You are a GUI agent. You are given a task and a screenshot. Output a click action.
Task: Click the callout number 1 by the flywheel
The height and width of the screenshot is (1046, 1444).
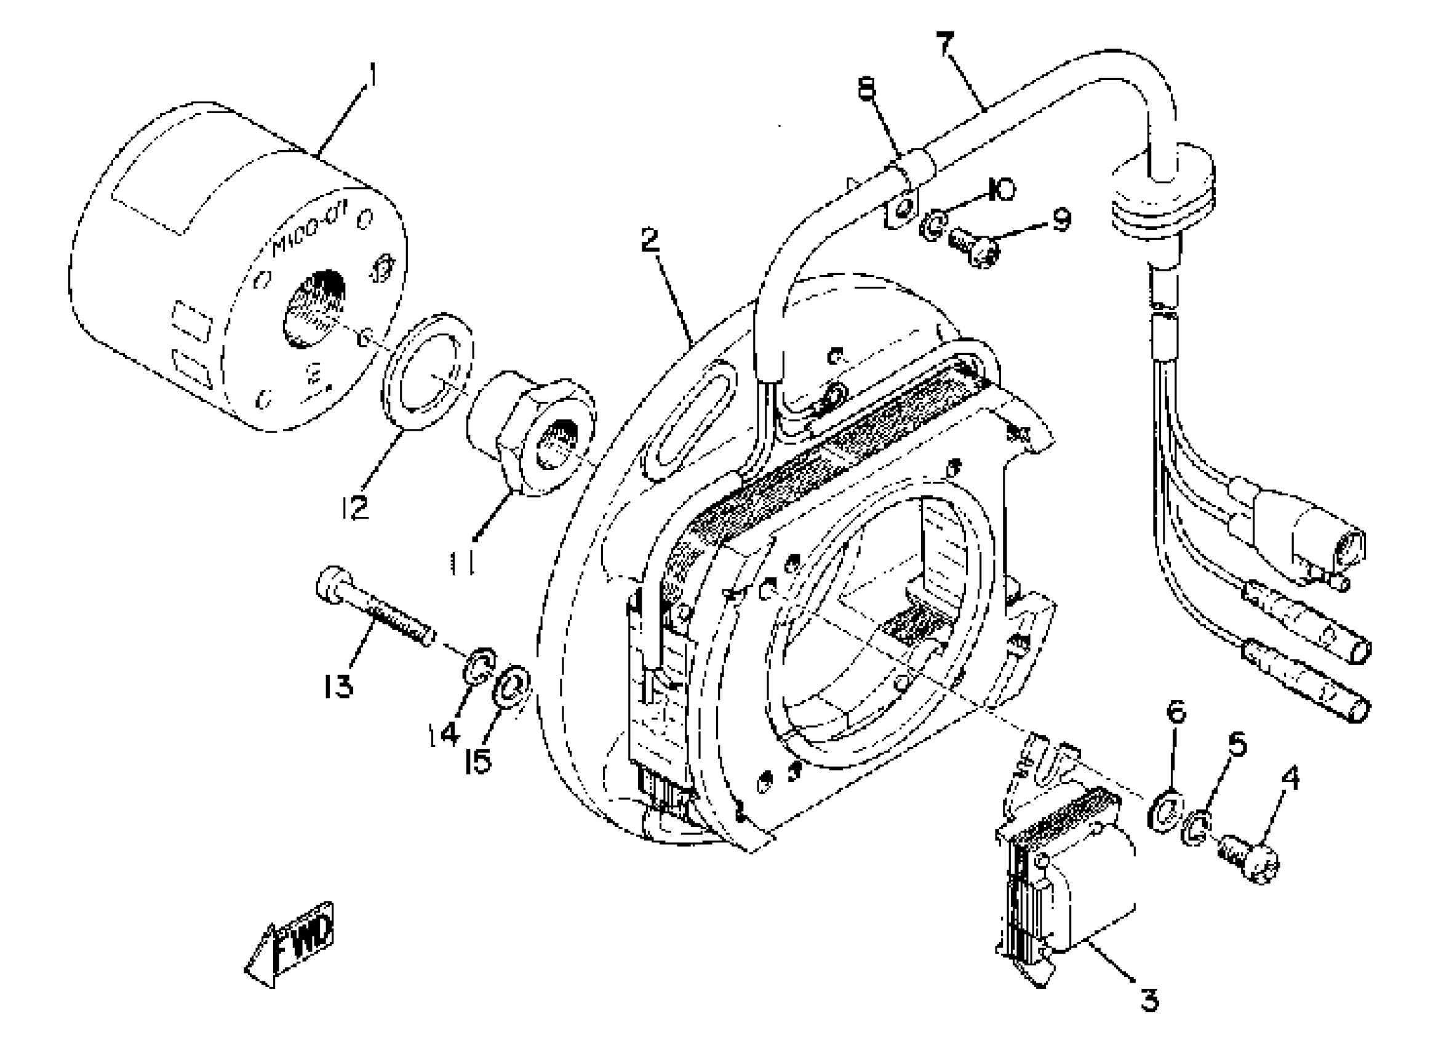(x=372, y=76)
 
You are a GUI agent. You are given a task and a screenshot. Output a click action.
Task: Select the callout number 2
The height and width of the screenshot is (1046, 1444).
(x=650, y=241)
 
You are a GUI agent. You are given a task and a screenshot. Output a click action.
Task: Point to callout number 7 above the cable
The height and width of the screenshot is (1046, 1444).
(x=946, y=44)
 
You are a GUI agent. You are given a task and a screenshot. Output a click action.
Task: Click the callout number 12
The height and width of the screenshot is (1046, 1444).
(x=354, y=507)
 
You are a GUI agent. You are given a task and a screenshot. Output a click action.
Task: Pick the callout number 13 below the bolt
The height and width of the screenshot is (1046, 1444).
(x=337, y=686)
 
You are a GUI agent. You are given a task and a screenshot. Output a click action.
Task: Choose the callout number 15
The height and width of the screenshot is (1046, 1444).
(x=477, y=761)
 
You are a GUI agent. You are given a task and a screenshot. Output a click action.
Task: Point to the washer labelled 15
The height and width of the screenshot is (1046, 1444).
(x=513, y=687)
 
